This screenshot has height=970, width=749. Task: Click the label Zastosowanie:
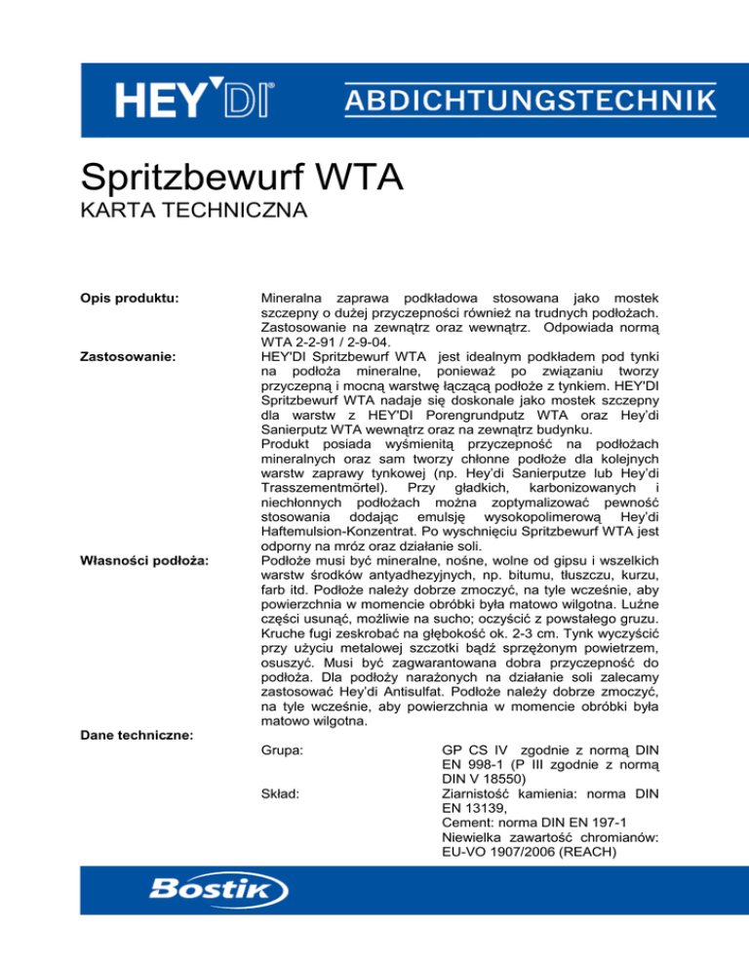133,357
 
